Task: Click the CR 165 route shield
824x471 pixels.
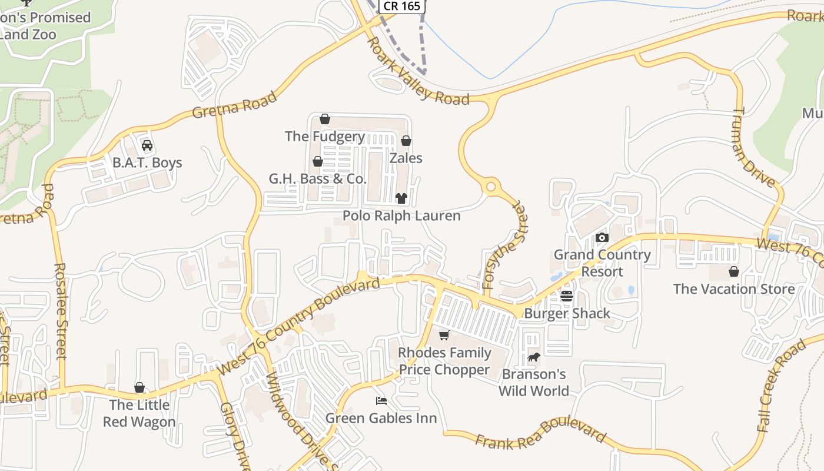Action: (402, 6)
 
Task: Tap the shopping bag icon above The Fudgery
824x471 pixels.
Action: (324, 120)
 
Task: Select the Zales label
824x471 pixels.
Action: (406, 158)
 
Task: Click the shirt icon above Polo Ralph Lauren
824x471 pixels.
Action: (401, 198)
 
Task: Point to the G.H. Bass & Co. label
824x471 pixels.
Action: (318, 178)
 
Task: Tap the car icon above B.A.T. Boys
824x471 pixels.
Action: (147, 145)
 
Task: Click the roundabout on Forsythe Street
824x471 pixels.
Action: (490, 187)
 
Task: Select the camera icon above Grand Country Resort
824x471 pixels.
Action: (602, 237)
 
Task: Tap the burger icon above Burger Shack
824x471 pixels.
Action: (567, 296)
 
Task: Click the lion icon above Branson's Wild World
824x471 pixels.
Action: (534, 357)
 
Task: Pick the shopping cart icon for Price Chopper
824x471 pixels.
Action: (444, 335)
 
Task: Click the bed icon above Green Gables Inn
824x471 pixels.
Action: (381, 401)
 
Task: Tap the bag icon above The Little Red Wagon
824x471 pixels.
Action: (139, 387)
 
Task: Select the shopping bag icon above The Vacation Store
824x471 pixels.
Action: (734, 271)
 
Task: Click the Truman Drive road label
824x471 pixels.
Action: (755, 147)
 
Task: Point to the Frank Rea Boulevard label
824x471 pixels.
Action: (540, 434)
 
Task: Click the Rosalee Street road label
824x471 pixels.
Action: (61, 310)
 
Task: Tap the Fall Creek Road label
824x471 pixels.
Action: (780, 386)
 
